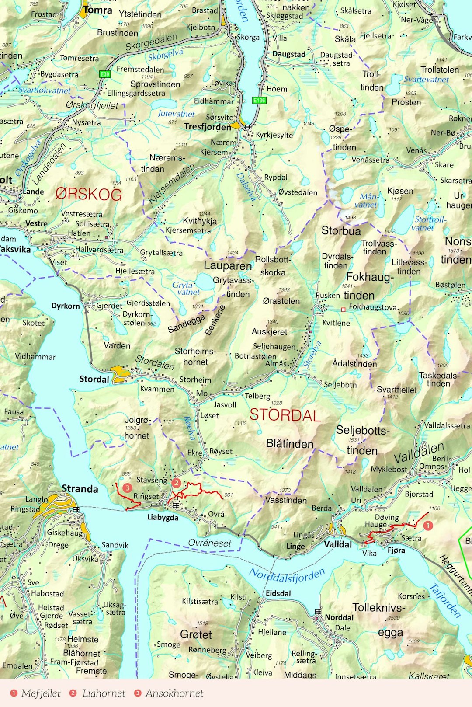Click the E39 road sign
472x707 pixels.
point(104,74)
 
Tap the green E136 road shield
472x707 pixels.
point(259,100)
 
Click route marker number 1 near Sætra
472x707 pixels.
point(428,525)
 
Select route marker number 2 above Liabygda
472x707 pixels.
point(176,483)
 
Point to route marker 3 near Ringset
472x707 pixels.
point(127,487)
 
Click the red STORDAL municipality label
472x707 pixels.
point(285,415)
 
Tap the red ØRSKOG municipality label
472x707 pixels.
point(89,194)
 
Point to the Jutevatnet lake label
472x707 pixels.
point(176,114)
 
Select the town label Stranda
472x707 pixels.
point(80,488)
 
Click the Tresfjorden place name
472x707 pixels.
point(208,127)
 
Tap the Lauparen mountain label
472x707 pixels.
point(228,265)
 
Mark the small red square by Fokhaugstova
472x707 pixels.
point(343,310)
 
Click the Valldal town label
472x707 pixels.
point(338,544)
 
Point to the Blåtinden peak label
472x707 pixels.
point(290,444)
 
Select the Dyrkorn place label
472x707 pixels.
point(66,306)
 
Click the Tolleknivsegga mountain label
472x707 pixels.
point(379,620)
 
